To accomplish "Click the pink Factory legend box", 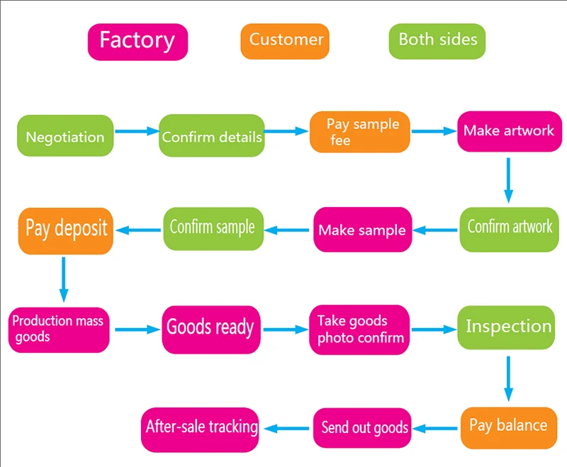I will (x=137, y=41).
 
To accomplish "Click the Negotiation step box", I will (x=65, y=137).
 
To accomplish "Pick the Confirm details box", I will (x=211, y=136).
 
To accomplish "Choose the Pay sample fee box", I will (x=360, y=132).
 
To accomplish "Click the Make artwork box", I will (x=508, y=131).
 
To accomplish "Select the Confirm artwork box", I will (x=509, y=228).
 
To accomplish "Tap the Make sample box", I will (x=362, y=230).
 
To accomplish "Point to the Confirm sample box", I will (x=211, y=228).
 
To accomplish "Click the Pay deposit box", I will (x=65, y=230).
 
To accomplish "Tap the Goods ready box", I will (x=210, y=328).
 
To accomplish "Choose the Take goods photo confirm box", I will (x=360, y=330).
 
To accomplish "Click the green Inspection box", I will (x=507, y=327).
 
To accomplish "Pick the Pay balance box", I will (x=508, y=426).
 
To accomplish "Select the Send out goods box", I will (x=364, y=428).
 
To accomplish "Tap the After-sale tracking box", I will (x=201, y=427).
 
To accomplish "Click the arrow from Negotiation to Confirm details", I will (x=136, y=131).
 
